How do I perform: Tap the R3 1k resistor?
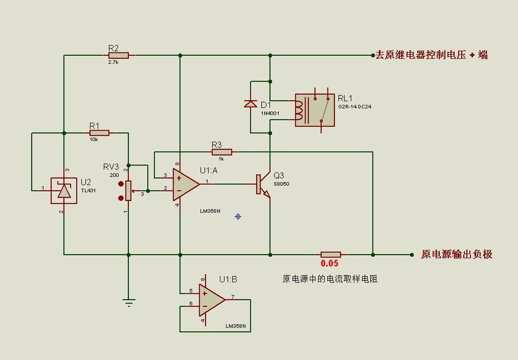(222, 152)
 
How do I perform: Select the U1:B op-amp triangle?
(210, 300)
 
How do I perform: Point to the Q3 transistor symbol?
(264, 185)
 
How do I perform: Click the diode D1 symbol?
(250, 104)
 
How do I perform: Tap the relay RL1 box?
(314, 109)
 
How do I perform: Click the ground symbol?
(128, 301)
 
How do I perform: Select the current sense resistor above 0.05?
(331, 254)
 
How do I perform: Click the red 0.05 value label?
(329, 264)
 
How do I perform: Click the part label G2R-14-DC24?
(355, 107)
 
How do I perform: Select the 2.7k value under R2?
(113, 62)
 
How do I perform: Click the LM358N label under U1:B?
(235, 326)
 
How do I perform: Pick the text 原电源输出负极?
(456, 254)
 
